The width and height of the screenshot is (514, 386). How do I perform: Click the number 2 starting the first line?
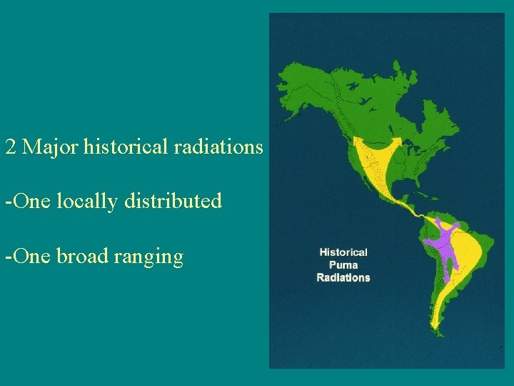pos(10,147)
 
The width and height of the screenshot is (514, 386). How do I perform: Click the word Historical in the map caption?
pos(343,252)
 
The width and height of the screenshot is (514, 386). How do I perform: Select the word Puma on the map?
pos(343,265)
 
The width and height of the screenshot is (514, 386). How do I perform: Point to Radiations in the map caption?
pos(343,277)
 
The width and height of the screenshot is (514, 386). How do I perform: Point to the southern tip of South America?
pos(437,331)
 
